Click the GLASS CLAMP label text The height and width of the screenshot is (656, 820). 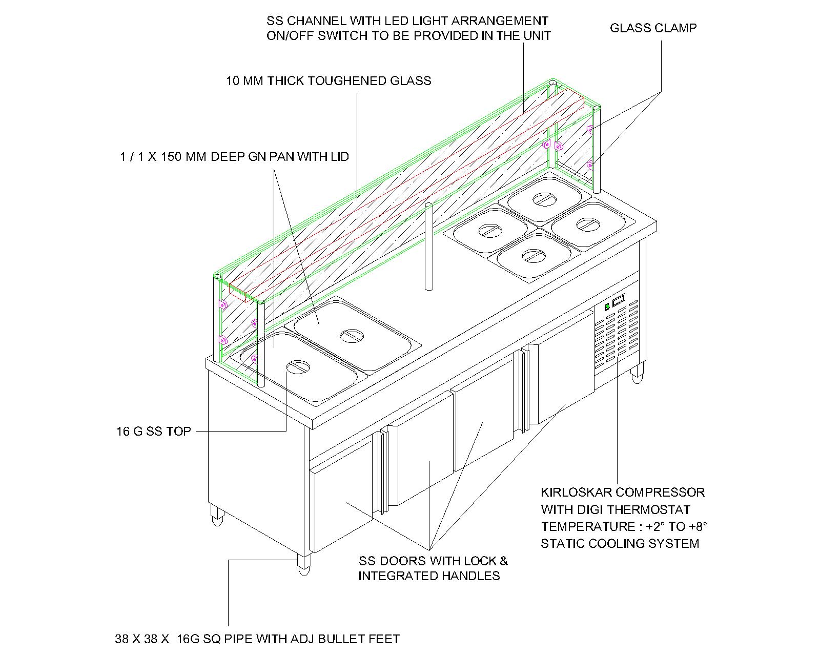click(x=653, y=28)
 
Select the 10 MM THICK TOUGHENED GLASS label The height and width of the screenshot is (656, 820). click(x=329, y=81)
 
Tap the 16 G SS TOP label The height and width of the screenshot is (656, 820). click(x=153, y=432)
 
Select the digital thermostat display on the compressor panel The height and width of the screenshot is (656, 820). click(x=619, y=300)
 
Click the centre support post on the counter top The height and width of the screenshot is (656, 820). click(x=428, y=246)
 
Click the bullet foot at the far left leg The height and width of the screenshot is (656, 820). click(x=217, y=515)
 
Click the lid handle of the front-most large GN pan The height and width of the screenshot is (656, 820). click(x=298, y=366)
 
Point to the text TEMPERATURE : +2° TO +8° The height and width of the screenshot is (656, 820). click(x=624, y=527)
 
